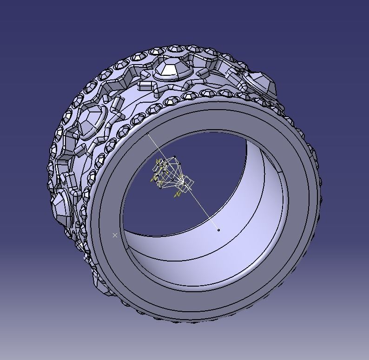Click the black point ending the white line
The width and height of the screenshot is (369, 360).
pos(218,229)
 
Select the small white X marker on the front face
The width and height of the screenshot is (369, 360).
pos(115,236)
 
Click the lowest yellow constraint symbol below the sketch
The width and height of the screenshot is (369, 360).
pos(177,196)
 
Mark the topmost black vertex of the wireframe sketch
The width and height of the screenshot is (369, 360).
pos(174,157)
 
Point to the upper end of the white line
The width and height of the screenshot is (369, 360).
pos(148,134)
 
